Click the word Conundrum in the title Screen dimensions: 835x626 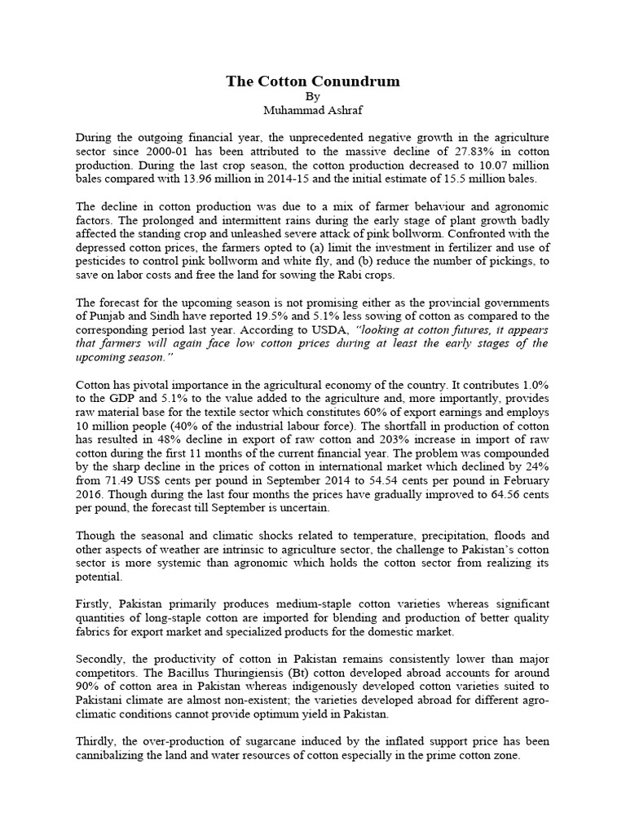coord(354,82)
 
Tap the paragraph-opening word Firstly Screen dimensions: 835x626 coord(95,603)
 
